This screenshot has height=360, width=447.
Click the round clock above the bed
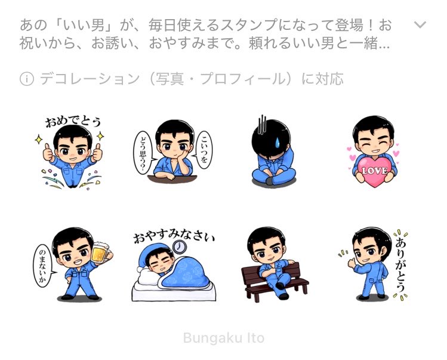tap(180, 246)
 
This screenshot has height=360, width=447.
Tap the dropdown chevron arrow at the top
tap(420, 25)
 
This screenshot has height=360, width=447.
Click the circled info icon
tap(27, 79)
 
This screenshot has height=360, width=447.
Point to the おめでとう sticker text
tap(73, 122)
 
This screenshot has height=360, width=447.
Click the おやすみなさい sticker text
tap(174, 236)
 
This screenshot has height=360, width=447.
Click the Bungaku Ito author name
tap(223, 338)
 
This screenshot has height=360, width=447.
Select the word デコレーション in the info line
tap(90, 79)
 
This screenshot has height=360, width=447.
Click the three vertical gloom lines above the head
tap(262, 125)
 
